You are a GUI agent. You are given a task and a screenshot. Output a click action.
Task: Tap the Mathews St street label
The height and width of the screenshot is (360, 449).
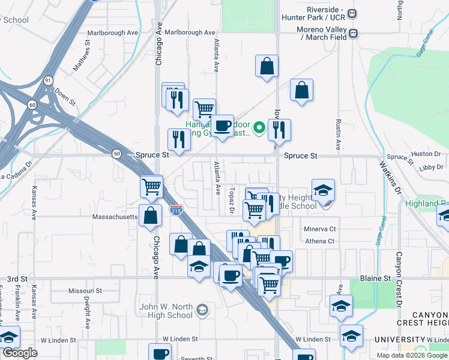pos(82,56)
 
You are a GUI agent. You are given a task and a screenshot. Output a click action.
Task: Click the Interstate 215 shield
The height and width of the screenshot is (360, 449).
pos(176,210)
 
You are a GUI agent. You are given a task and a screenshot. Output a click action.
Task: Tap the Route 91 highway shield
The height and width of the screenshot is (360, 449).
pos(47,80)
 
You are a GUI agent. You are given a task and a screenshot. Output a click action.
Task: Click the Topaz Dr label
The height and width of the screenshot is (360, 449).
pos(231,200)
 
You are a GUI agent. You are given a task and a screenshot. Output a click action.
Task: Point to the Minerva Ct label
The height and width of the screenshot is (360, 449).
pos(320,229)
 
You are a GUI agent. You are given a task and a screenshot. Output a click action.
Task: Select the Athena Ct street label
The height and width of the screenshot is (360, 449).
pos(319,241)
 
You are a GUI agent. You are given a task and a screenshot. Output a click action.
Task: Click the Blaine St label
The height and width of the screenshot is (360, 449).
pos(377,278)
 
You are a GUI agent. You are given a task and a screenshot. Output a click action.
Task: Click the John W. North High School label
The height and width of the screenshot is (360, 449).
pos(166,311)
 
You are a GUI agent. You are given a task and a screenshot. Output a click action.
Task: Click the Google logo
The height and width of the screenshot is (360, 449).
pos(20,353)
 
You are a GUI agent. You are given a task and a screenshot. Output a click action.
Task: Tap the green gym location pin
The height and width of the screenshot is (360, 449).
pos(259,127)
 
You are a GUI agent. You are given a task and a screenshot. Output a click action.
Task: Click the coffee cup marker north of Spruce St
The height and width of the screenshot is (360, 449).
pos(223,126)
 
